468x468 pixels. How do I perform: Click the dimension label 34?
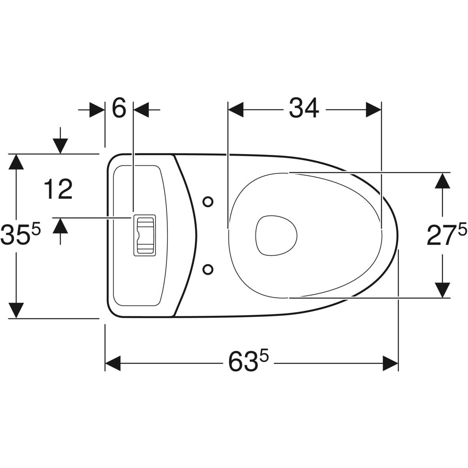[304, 108]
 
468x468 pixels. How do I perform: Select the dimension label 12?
[58, 189]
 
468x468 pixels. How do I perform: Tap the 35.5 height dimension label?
[20, 234]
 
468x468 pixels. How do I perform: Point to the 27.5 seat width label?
[447, 234]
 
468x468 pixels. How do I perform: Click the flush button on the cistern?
[145, 235]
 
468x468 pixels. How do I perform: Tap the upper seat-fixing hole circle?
[208, 202]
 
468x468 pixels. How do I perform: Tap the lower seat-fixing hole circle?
[208, 269]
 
